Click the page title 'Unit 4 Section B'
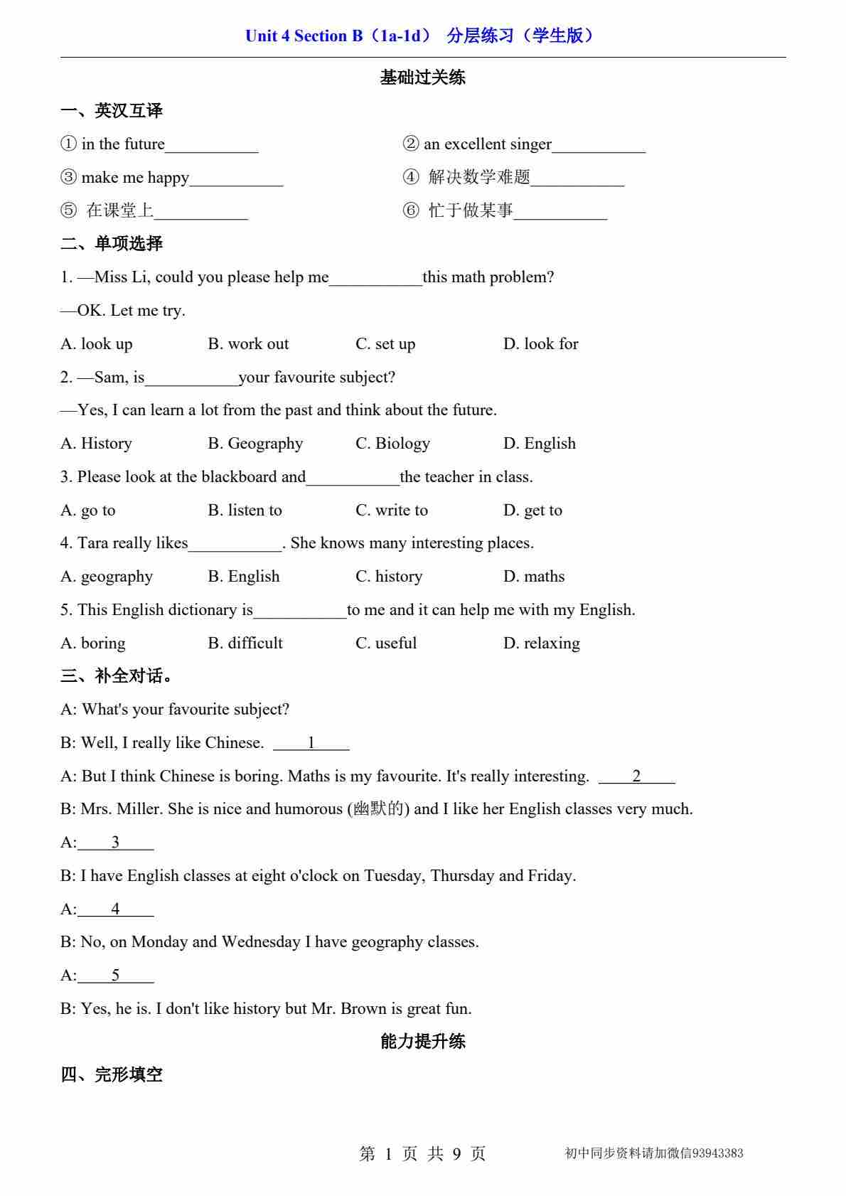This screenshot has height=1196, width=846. coord(304,36)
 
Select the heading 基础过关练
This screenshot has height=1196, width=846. coord(422,78)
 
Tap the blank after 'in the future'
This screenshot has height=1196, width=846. coord(212,146)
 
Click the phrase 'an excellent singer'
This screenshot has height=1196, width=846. coord(488,144)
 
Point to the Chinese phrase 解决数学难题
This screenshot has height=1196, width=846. coord(479,177)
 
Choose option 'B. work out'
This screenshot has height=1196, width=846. coord(248,344)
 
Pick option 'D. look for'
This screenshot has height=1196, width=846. coord(540,344)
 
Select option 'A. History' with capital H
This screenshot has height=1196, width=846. coord(97,444)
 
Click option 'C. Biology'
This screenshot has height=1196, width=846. coord(392,444)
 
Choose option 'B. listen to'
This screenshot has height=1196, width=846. coord(245,511)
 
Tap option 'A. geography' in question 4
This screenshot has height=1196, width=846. coord(107,577)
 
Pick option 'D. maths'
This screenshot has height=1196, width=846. coord(533,577)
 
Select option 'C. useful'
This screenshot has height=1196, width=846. coord(386,644)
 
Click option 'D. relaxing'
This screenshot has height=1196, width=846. coord(541,644)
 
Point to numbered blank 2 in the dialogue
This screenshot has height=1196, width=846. coord(636,776)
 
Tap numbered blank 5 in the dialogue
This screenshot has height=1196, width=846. coord(115,976)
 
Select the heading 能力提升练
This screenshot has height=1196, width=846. coord(422,1042)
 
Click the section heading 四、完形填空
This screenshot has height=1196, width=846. coord(112,1075)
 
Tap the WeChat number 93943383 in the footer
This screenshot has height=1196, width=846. coord(717,1153)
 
